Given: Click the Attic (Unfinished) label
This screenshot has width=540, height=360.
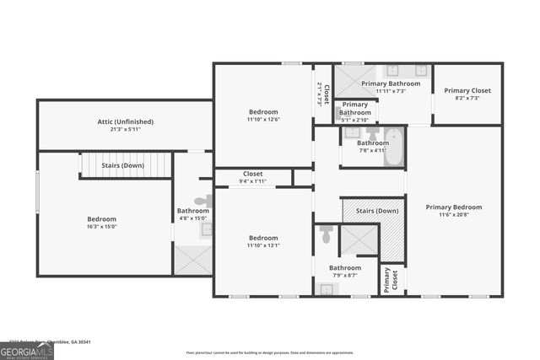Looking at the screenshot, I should coord(125,121).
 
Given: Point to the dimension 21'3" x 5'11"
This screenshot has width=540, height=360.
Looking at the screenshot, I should coord(125,130).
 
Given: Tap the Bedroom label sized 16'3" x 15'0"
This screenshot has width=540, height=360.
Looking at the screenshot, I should coord(101,218).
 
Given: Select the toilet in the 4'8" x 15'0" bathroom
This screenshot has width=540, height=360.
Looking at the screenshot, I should coord(202,201).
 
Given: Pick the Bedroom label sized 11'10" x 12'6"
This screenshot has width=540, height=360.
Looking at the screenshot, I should coord(263,112).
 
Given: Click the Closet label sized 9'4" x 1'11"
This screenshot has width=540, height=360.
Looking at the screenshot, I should coord(253,173).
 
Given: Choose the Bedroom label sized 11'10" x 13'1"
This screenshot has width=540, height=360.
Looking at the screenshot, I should coord(263,238).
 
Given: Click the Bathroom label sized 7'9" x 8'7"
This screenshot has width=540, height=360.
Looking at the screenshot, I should coord(344,268).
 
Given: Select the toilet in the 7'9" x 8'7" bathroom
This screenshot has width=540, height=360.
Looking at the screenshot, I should coord(327,235).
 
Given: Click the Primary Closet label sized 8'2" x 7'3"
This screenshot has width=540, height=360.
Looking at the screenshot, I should coord(467,91).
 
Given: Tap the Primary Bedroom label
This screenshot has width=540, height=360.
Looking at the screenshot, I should coord(453,207).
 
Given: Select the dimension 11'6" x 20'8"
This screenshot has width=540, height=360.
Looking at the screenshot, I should coord(453,215).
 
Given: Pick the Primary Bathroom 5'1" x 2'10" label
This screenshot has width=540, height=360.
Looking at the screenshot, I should coord(355,109).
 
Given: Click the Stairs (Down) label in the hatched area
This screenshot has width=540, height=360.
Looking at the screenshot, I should coord(376,211).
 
